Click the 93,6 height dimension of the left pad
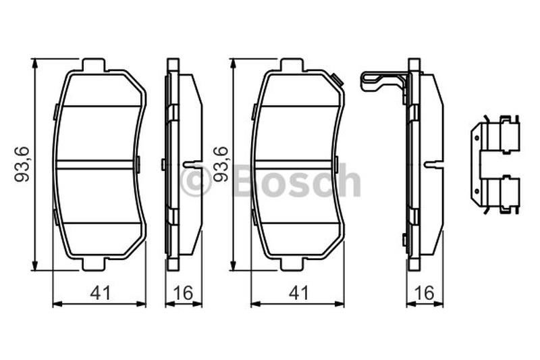pos(21,164)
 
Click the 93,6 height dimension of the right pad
pos(221,164)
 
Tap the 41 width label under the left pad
pos(101,293)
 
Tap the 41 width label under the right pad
pos(298,293)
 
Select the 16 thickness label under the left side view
pos(183,293)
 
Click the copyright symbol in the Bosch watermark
pos(196,182)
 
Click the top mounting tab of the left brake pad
pos(93,65)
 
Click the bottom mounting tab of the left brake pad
pos(93,264)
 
